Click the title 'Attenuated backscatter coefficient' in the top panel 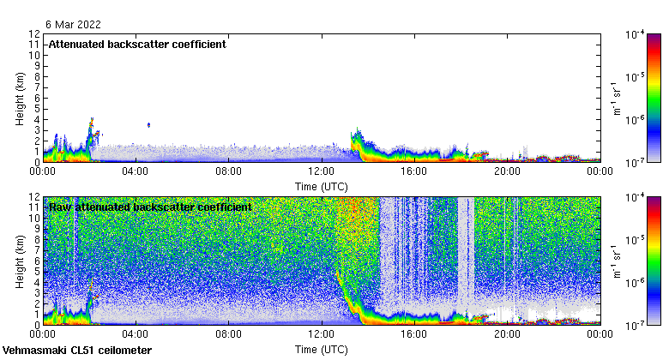point(136,45)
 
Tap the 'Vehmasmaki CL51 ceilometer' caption point(77,351)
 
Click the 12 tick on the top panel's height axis point(35,34)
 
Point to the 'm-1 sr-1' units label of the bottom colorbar point(615,261)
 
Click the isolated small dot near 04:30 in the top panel point(149,125)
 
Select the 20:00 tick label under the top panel point(506,171)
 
